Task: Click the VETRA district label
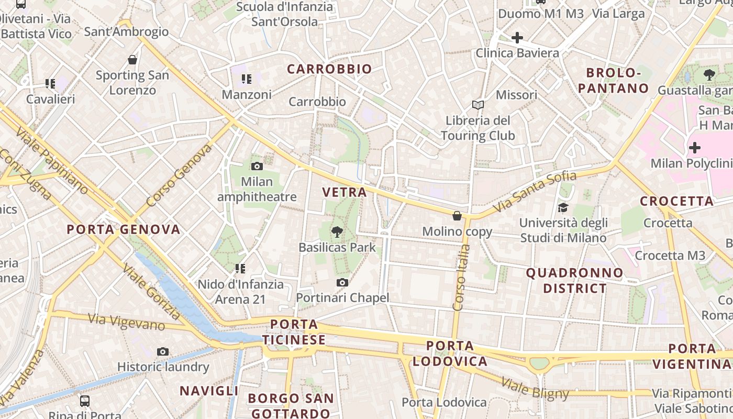click(345, 192)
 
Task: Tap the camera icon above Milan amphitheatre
click(257, 167)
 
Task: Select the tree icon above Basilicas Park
click(337, 231)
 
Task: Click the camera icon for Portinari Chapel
click(342, 283)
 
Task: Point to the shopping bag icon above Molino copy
click(457, 216)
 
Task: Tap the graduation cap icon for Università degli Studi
click(563, 208)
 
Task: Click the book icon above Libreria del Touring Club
click(477, 105)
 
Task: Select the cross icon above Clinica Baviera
click(517, 38)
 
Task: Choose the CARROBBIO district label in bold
click(329, 69)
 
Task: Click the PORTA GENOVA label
click(124, 229)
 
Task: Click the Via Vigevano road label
click(126, 322)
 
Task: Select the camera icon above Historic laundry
click(163, 351)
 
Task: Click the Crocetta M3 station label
click(670, 256)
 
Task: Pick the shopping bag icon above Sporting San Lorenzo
click(132, 60)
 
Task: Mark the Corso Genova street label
click(179, 175)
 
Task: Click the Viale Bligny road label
click(535, 388)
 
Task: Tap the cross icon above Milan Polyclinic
click(694, 148)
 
